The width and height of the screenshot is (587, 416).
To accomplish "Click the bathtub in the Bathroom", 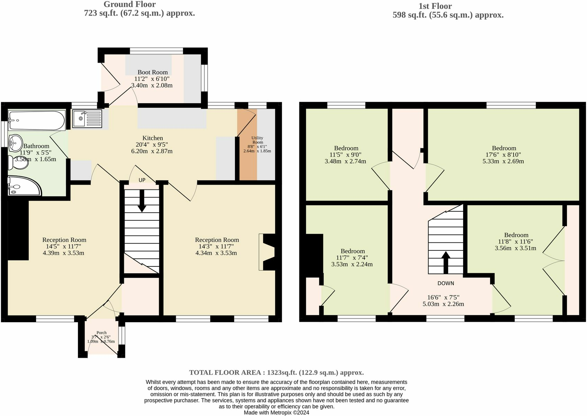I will point(36,121).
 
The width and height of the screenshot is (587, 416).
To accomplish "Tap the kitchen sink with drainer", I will point(87,118).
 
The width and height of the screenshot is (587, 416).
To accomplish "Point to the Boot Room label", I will point(152,72).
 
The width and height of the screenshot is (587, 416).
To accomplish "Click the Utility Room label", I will point(257,140).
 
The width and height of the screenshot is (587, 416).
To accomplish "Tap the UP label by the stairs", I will point(142,180).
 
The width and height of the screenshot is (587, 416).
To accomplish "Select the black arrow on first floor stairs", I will point(446,263).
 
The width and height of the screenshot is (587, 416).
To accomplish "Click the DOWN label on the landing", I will point(445,283).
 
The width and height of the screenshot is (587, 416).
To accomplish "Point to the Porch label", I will point(101,333).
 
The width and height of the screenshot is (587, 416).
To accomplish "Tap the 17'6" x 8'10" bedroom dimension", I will point(504,155).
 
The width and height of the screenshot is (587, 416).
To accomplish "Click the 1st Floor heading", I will point(435,6).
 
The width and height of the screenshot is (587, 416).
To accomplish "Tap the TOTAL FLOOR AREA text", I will point(276,373).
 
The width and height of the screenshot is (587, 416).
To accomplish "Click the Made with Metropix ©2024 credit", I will point(276,413).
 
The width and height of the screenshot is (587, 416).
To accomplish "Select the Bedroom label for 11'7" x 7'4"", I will point(352,251).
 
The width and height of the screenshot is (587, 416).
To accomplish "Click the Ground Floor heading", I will point(129,5).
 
